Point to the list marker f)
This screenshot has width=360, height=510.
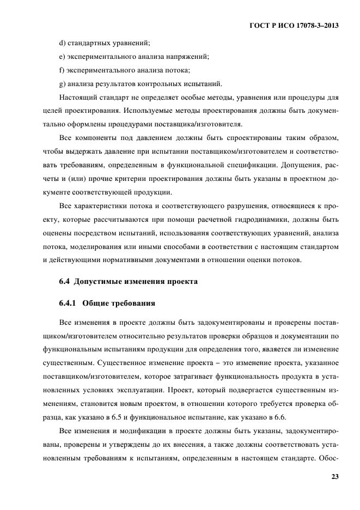click(x=62, y=70)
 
